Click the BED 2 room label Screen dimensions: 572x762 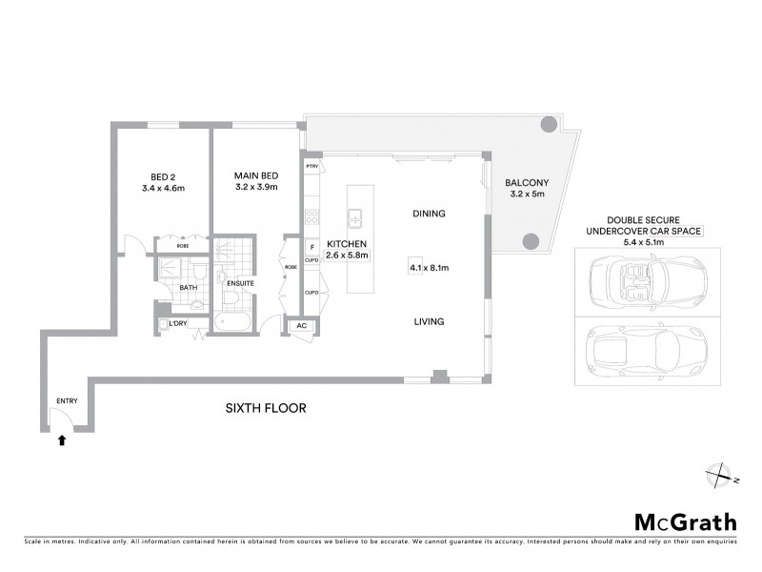(163, 176)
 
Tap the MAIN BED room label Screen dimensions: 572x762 (256, 176)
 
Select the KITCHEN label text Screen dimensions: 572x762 (347, 244)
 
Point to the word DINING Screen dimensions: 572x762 (429, 214)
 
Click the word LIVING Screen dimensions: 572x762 (429, 322)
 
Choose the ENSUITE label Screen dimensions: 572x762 (241, 283)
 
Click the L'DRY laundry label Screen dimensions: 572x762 (178, 324)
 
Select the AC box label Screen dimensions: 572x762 (302, 325)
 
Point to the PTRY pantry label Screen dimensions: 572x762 (311, 167)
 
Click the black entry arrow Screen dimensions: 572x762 (63, 440)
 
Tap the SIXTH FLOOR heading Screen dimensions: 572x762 (265, 409)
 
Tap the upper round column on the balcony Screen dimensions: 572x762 (550, 124)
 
